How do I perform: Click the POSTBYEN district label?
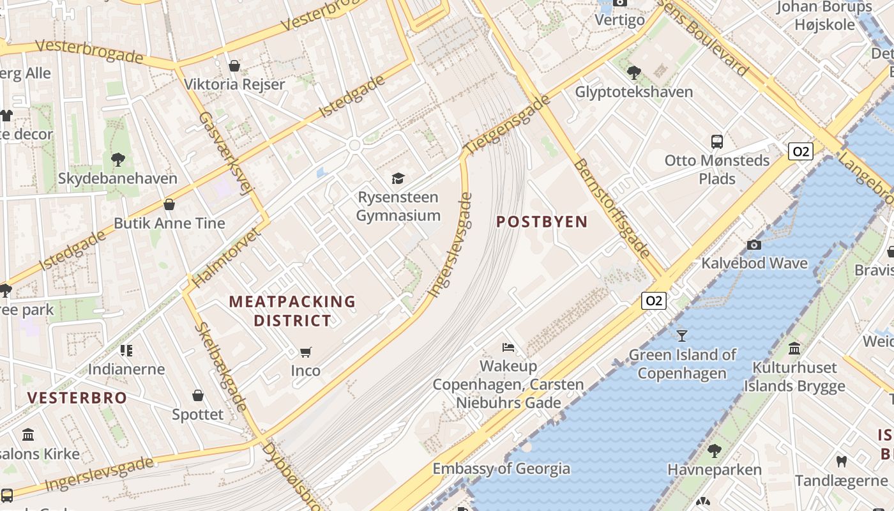click(x=542, y=222)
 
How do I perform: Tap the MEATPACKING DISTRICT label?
click(x=292, y=310)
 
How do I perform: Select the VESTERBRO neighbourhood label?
click(x=77, y=397)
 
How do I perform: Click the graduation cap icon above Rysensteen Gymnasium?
click(x=398, y=178)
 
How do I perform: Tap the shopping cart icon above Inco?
click(x=306, y=352)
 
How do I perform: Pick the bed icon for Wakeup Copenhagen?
click(x=508, y=347)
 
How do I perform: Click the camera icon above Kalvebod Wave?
click(x=754, y=245)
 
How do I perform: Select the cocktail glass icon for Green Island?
click(x=682, y=335)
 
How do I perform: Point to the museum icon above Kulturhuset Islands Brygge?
click(x=794, y=349)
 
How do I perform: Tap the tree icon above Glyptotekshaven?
click(x=633, y=73)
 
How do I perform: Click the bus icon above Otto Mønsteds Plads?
click(x=717, y=141)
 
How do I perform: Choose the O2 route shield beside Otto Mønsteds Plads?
click(x=800, y=151)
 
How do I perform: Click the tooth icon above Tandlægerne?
click(x=841, y=461)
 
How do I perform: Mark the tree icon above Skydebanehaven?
click(x=117, y=159)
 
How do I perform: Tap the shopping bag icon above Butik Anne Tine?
click(x=169, y=204)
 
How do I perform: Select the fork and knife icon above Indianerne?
click(x=126, y=350)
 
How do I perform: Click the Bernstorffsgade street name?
click(x=611, y=208)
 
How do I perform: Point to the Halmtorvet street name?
click(x=226, y=257)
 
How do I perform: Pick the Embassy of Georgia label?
click(x=501, y=468)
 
